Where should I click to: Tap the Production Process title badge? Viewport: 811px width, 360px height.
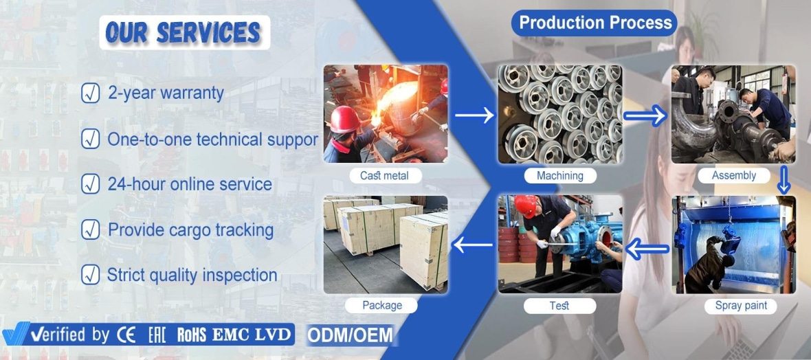pos(595,23)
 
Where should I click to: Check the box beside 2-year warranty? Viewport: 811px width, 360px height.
pos(90,93)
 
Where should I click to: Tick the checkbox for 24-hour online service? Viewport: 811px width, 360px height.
pos(90,184)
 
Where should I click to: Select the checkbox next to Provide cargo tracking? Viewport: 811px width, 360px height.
pos(90,229)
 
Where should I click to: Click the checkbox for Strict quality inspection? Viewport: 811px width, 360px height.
pos(90,275)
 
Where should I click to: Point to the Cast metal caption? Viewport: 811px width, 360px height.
pos(384,176)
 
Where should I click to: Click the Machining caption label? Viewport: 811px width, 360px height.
pos(559,176)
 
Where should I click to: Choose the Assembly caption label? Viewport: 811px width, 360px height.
pos(733,176)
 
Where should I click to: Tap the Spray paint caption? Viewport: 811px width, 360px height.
pos(741,306)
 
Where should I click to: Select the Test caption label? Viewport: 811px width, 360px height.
pos(559,306)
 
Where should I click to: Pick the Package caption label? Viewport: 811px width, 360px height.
pos(381,305)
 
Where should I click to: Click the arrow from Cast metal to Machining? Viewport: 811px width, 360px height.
pos(474,115)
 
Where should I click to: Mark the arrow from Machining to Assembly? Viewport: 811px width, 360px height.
pos(645,115)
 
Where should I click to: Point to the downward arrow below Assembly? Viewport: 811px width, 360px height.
pos(784,179)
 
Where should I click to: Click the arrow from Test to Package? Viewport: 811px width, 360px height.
pos(472,244)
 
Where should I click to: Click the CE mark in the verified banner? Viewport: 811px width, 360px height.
pos(126,335)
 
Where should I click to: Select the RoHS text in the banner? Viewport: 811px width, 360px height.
pos(192,335)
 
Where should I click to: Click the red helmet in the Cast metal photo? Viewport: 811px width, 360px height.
pos(344,120)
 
